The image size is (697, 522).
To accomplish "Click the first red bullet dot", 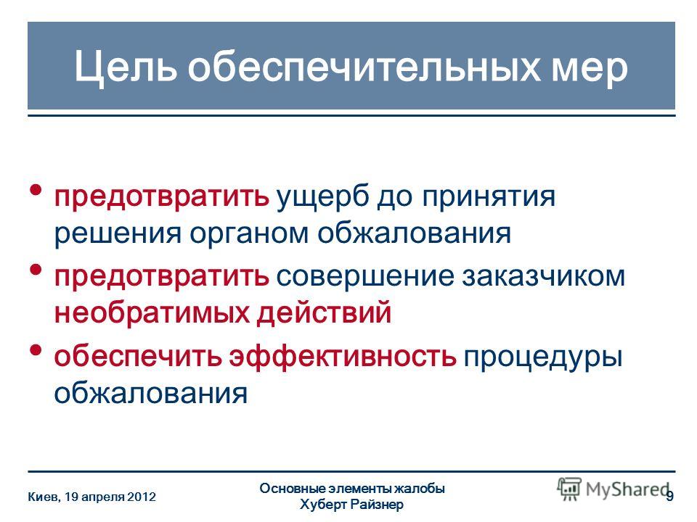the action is click(36, 191).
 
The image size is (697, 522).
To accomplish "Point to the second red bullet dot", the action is click(36, 270).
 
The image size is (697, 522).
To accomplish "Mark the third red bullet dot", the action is click(36, 349).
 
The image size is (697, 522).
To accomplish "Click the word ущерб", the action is click(322, 197).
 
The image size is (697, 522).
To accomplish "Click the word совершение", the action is click(365, 277).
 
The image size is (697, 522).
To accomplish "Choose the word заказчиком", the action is click(543, 277).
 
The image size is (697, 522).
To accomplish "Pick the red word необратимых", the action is click(152, 313).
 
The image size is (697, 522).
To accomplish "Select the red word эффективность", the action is click(343, 356).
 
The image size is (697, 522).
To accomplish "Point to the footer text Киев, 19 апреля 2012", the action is click(92, 497).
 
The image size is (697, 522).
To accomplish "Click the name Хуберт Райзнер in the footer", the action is click(351, 505).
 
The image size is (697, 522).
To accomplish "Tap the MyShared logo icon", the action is click(569, 489).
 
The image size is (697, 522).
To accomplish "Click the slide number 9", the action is click(669, 496).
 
